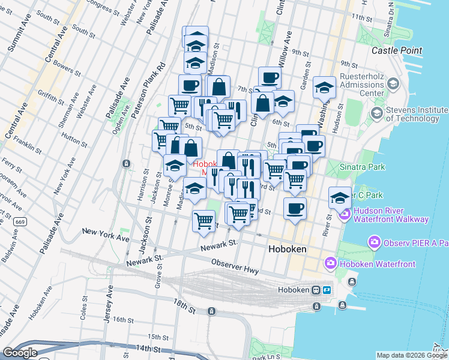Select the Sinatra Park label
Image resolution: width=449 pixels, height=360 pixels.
coord(363,166)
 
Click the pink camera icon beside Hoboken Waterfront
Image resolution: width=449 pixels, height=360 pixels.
coord(330,263)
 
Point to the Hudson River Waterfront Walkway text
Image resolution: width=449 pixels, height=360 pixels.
coord(391,215)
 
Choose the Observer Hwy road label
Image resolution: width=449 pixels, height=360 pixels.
coord(235,267)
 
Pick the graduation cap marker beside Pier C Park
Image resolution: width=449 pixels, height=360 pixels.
coord(340,197)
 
